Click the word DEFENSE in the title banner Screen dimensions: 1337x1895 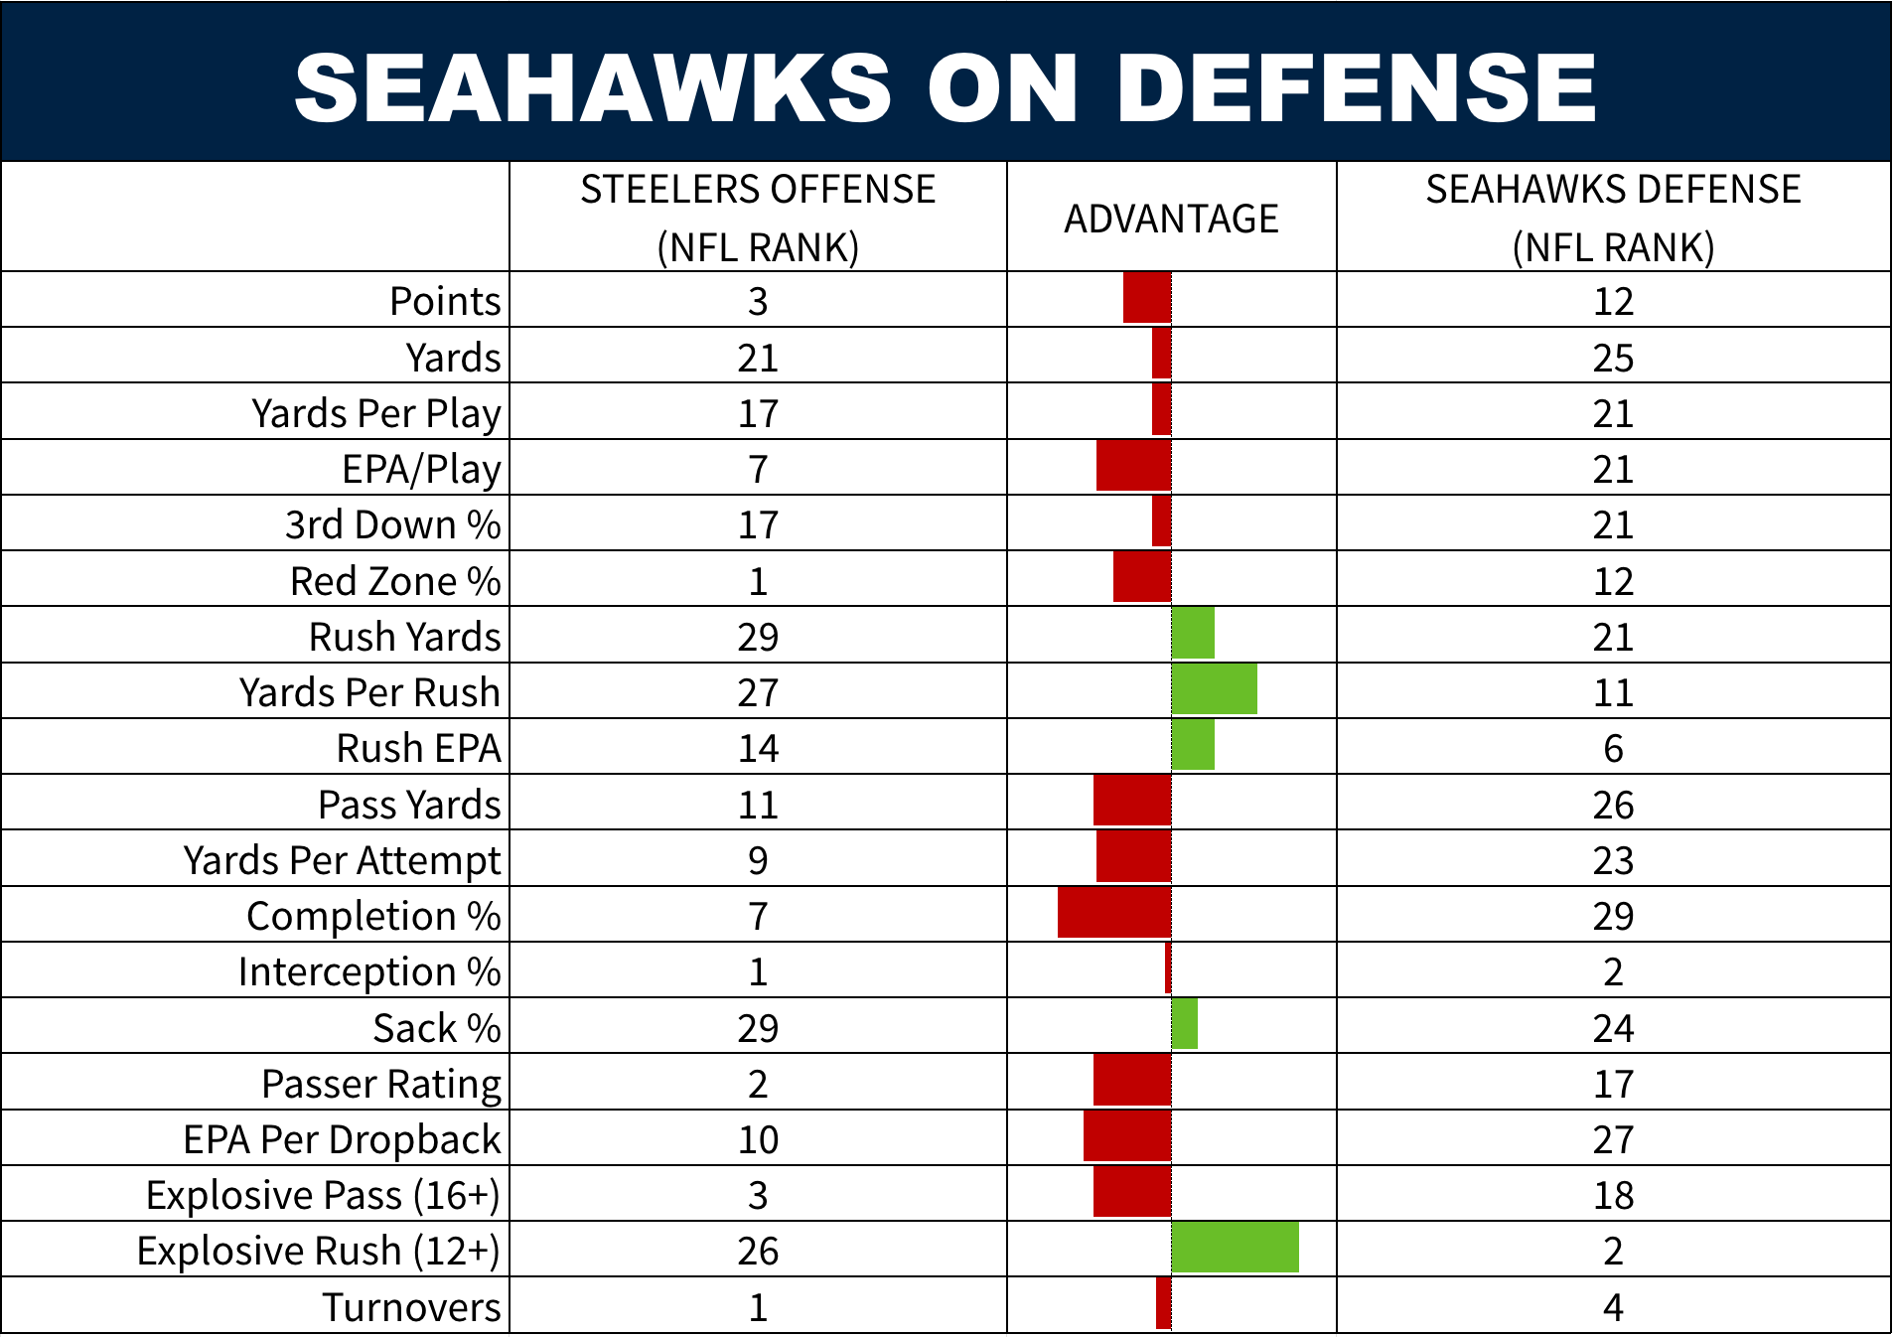coord(1356,87)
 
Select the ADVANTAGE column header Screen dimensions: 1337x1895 coord(1171,219)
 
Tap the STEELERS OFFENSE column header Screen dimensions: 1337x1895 coord(758,218)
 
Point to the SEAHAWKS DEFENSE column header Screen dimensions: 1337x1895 coord(1613,218)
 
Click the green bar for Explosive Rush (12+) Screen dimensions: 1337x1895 coord(1235,1248)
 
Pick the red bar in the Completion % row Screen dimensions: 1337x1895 coord(1114,913)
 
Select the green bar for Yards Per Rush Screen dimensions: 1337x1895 coord(1214,689)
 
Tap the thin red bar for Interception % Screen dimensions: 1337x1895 coord(1168,968)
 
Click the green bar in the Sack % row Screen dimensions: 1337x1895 coord(1184,1024)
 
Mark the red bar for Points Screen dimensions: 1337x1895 coord(1147,298)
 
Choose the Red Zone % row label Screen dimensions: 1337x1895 coord(395,581)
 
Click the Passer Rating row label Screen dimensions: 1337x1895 coord(381,1084)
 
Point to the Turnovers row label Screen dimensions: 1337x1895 coord(411,1307)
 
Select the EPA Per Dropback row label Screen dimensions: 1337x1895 coord(342,1139)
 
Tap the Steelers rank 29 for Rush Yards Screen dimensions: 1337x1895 coord(758,637)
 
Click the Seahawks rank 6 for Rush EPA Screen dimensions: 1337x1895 coord(1613,748)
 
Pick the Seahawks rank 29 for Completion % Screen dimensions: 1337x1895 coord(1613,916)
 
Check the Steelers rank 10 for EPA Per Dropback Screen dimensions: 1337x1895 coord(758,1139)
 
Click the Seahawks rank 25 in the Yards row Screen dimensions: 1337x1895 coord(1613,358)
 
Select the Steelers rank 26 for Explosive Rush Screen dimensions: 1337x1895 coord(758,1251)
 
